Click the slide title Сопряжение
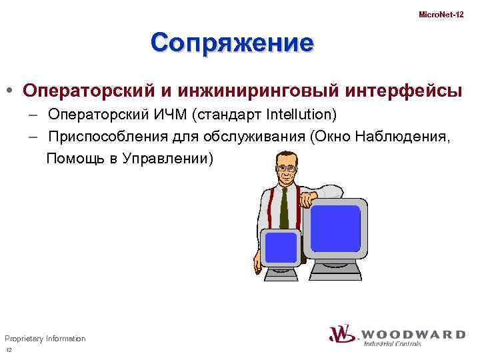coord(231,43)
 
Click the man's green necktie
coord(284,207)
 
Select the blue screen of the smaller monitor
coord(280,247)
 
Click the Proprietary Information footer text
coord(45,339)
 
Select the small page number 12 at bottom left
coord(9,351)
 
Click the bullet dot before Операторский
coord(11,90)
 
